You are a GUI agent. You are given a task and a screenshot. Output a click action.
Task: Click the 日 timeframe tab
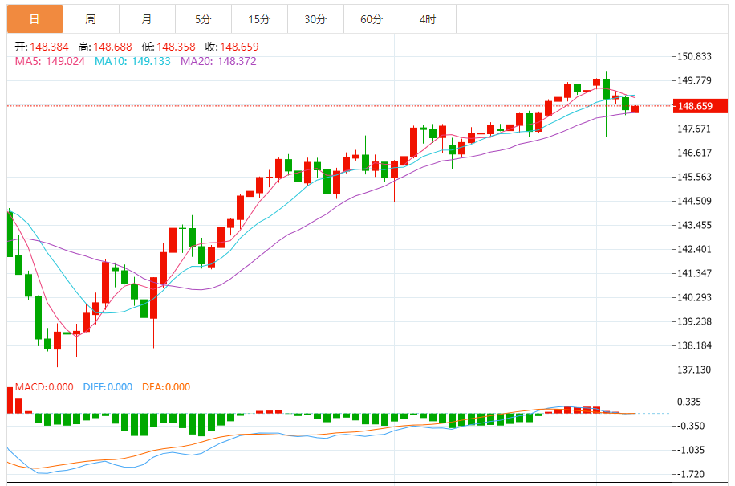click(x=35, y=18)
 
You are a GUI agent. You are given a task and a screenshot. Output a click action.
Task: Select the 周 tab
click(x=91, y=18)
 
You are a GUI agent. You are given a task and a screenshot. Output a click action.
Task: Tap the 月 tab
click(x=146, y=18)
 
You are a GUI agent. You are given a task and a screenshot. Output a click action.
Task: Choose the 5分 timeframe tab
click(x=202, y=18)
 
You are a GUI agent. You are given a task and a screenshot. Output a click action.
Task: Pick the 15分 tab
click(x=258, y=18)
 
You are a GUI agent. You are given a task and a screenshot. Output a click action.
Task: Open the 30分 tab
click(x=315, y=18)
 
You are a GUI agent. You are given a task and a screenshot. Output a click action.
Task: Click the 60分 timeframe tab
click(x=372, y=18)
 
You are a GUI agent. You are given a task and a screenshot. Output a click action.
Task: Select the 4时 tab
click(x=428, y=18)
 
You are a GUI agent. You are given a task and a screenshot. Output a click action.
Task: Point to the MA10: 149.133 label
click(x=132, y=60)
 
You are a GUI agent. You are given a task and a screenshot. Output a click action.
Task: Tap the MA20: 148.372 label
click(x=218, y=60)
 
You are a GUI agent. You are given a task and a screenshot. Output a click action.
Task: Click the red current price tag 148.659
click(x=694, y=106)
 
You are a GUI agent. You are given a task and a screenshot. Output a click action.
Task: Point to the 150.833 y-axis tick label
click(x=695, y=56)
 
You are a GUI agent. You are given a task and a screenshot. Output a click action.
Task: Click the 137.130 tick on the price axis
click(x=695, y=370)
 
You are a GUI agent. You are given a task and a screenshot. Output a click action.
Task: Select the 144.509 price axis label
click(x=695, y=201)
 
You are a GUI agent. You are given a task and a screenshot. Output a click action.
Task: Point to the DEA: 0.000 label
click(x=166, y=387)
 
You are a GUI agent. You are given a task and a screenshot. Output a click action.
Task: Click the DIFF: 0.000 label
click(x=108, y=387)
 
